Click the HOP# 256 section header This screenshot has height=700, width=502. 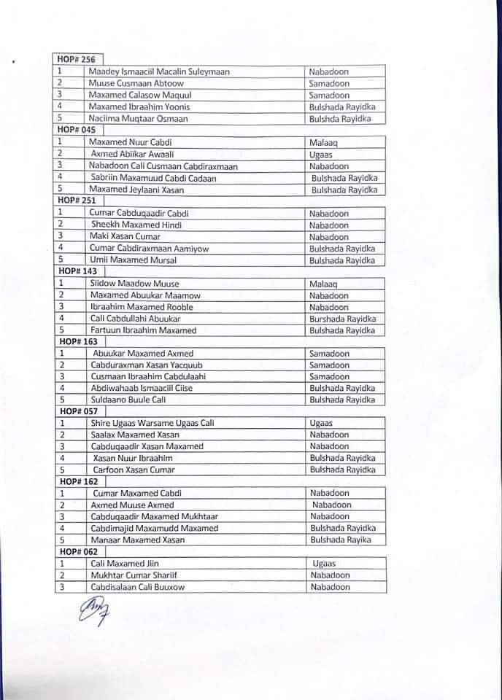76,60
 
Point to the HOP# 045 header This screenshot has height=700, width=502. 76,130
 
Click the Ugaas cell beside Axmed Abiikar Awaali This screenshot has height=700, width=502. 321,155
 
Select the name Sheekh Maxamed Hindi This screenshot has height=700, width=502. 136,225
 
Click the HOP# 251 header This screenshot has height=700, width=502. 76,201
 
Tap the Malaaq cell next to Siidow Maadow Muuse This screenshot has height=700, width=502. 324,284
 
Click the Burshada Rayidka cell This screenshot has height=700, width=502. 343,319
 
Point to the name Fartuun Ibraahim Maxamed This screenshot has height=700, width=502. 144,330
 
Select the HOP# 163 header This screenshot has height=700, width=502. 76,341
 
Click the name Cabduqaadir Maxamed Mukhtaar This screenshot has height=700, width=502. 154,516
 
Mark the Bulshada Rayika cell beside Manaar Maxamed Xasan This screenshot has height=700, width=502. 340,540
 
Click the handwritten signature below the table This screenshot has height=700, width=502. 92,610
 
